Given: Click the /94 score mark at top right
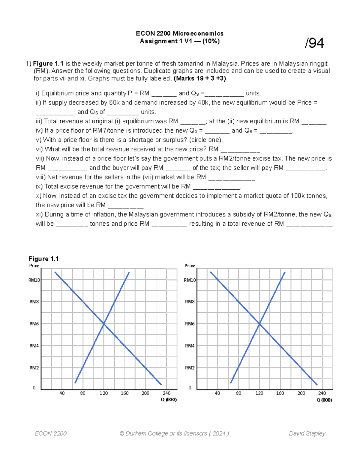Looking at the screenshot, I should coord(314,43).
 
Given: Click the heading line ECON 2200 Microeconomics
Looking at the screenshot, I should coord(179,33).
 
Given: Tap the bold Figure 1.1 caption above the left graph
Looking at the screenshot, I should coord(43,259).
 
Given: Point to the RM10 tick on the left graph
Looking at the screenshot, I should coord(34,280).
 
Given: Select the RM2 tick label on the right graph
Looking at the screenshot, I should coord(190,368).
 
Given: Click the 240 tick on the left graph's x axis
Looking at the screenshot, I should coord(166,393).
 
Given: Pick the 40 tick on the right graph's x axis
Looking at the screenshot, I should coord(217,393).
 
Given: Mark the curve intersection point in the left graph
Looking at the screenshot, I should coord(104,323).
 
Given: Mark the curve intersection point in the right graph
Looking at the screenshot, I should coord(259,323).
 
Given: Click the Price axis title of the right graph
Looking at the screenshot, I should coord(190,266).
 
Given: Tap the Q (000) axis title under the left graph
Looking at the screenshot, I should coord(169,400).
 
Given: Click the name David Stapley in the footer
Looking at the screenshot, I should coord(307,433).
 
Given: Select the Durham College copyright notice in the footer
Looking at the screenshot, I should coord(174,433).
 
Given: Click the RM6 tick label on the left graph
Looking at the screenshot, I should coord(34,324).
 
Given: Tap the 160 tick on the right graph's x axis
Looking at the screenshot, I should coord(280,393).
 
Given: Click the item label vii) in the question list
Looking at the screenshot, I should coord(40,158).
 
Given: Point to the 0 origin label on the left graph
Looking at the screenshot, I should coord(34,388).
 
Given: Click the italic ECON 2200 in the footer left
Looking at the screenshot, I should coord(51,433).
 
